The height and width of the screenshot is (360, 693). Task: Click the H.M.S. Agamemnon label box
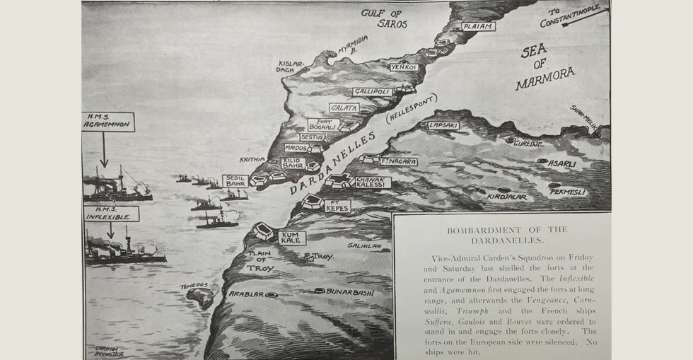coord(107,122)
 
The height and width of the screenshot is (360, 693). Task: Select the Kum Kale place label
coord(291,238)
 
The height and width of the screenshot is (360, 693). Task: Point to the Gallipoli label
coord(373,92)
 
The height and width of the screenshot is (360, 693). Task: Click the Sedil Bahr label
coord(235,181)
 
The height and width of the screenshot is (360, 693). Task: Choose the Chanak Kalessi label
coord(371,182)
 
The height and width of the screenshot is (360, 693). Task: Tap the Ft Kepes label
coord(337,207)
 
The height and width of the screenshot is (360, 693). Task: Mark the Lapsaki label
coord(443,125)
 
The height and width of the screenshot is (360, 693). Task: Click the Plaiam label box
coord(478,26)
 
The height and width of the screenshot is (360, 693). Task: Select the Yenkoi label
coord(404,67)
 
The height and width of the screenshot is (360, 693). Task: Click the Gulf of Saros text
coord(385,18)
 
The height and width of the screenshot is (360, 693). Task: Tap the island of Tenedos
coord(200,297)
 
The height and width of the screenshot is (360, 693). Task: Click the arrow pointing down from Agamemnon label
coord(104,150)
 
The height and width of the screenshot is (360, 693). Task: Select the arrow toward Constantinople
coord(585,16)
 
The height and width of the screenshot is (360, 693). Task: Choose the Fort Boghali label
coord(322,124)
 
